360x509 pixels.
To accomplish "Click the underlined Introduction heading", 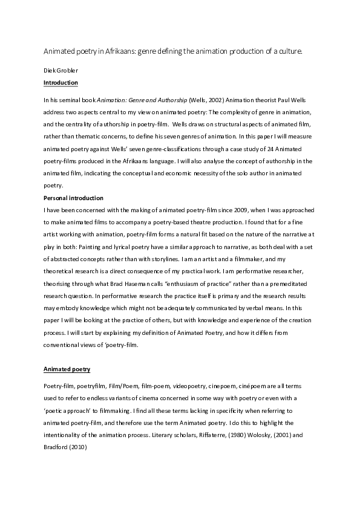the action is click(61, 82).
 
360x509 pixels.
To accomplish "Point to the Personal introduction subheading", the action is click(74, 198).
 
